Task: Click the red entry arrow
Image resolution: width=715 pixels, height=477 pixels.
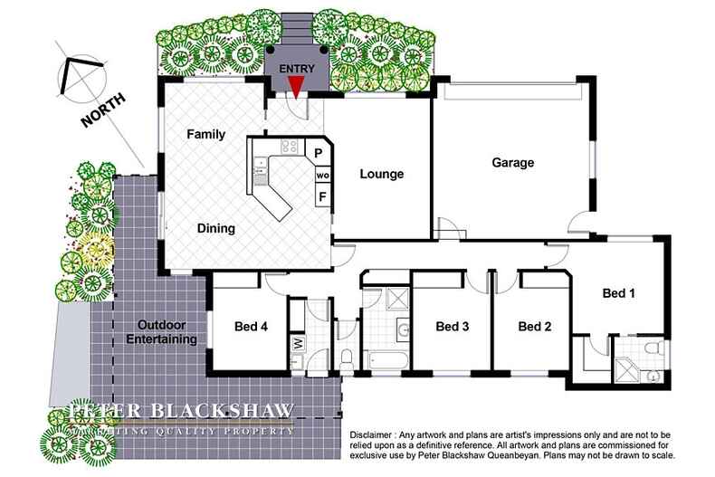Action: click(x=295, y=86)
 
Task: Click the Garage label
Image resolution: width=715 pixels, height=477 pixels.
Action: click(x=512, y=164)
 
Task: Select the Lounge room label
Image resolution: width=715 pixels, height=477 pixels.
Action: click(x=380, y=174)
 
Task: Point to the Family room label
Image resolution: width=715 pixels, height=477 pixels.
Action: click(x=205, y=134)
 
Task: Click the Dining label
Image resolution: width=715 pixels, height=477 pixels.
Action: click(x=216, y=229)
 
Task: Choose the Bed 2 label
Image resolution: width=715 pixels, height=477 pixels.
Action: click(x=534, y=326)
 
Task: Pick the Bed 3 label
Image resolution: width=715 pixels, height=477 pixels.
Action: click(x=451, y=326)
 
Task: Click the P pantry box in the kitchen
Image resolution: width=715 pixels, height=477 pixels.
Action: click(x=319, y=152)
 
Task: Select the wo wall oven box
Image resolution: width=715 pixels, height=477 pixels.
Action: click(x=321, y=174)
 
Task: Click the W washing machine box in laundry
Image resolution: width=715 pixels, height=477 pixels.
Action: click(x=298, y=344)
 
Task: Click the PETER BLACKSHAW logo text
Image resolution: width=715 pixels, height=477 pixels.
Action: click(x=184, y=413)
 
